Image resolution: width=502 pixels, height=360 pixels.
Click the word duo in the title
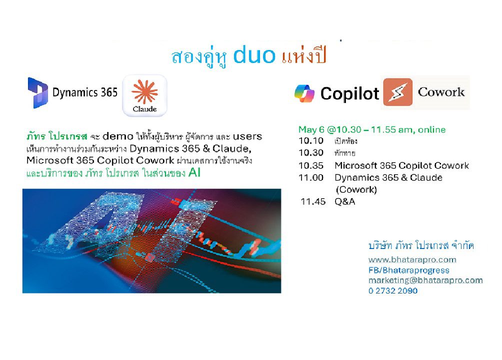click(x=254, y=55)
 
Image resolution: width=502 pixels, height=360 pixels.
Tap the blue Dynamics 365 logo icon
click(x=38, y=93)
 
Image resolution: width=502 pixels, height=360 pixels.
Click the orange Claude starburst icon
click(x=144, y=91)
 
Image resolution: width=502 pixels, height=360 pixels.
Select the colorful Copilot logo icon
click(x=304, y=93)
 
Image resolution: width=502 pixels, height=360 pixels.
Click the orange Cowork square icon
click(x=398, y=92)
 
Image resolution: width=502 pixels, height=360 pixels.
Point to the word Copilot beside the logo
click(x=349, y=94)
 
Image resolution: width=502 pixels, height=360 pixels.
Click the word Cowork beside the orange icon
click(x=441, y=92)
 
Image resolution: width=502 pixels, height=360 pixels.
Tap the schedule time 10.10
click(x=311, y=141)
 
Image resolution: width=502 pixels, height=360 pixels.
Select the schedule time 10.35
click(x=311, y=165)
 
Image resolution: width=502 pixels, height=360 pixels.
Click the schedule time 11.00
click(x=311, y=178)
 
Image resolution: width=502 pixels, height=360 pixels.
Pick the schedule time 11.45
click(x=313, y=202)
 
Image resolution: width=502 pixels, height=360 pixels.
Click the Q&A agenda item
click(x=345, y=202)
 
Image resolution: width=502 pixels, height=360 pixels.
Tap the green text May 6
click(x=311, y=129)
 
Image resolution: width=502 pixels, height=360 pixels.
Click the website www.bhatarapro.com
click(x=412, y=260)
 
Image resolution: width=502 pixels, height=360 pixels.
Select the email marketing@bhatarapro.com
click(x=425, y=280)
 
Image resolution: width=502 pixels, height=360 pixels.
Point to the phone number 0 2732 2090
click(x=393, y=291)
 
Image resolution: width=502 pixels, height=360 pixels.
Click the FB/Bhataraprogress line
click(x=409, y=270)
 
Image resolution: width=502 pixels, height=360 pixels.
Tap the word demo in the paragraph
click(x=118, y=136)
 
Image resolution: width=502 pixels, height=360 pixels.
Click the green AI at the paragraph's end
click(x=194, y=172)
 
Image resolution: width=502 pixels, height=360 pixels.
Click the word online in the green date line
click(x=431, y=129)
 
